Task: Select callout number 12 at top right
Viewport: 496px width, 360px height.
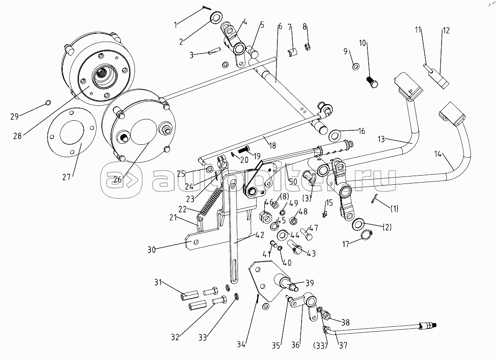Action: [x=446, y=31]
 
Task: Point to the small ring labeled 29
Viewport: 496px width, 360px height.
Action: [x=48, y=103]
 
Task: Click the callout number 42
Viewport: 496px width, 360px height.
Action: [x=260, y=235]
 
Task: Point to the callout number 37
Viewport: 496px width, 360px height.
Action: [x=343, y=346]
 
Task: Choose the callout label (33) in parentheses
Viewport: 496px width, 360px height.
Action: [x=321, y=346]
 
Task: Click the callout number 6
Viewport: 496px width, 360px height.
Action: [x=280, y=26]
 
